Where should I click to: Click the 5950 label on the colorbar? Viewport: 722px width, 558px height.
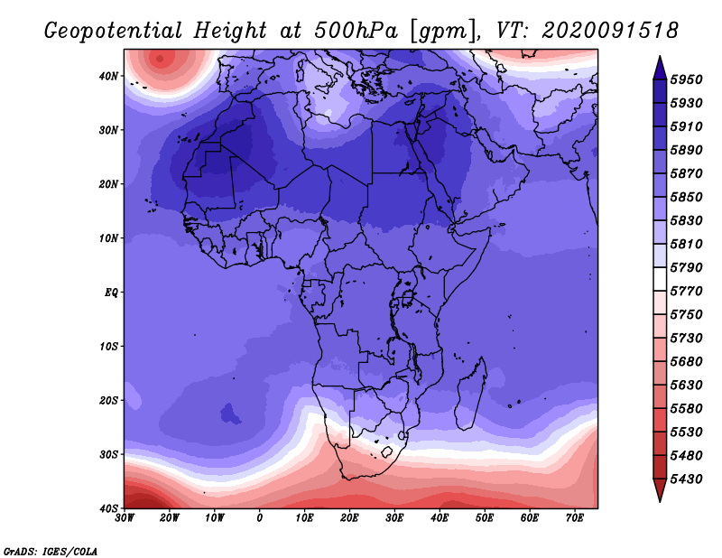[686, 79]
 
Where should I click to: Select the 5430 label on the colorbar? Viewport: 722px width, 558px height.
[686, 479]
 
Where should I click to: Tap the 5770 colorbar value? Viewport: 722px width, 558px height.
[686, 292]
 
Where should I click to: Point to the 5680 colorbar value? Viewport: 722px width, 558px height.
[686, 362]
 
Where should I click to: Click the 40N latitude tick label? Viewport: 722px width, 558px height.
[108, 76]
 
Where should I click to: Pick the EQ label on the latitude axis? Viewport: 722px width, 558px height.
[111, 293]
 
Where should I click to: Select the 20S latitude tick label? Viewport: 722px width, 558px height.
[108, 400]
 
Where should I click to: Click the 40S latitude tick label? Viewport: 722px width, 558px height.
[108, 508]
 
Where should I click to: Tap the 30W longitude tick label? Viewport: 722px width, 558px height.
[125, 518]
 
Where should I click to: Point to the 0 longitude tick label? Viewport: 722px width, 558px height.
[260, 518]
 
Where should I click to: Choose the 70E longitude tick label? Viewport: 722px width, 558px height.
[575, 518]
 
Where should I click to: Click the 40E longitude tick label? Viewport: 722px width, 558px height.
[440, 518]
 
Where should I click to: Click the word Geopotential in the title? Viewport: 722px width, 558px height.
[114, 32]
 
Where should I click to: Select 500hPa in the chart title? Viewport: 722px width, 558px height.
[356, 31]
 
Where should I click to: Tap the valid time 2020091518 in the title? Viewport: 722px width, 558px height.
[610, 31]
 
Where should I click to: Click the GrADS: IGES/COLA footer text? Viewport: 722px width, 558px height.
[51, 552]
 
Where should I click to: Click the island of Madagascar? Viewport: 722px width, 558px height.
[471, 394]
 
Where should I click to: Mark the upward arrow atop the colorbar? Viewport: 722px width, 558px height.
[660, 68]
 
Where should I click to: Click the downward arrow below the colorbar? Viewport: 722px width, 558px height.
[660, 490]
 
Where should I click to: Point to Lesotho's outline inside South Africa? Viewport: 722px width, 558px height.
[387, 452]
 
